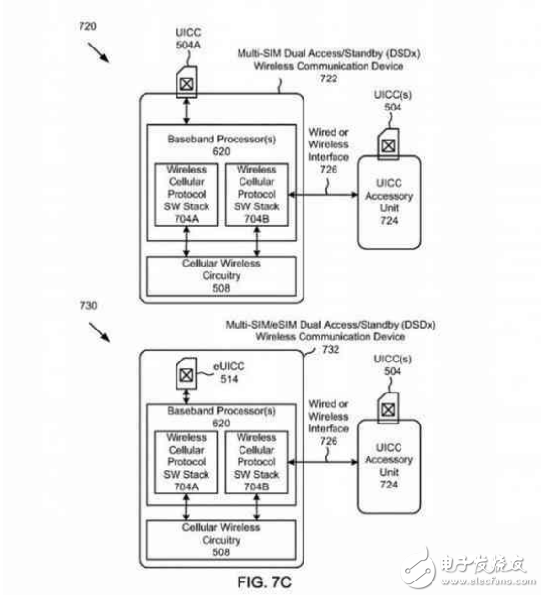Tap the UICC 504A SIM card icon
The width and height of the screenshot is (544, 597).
pyautogui.click(x=185, y=78)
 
